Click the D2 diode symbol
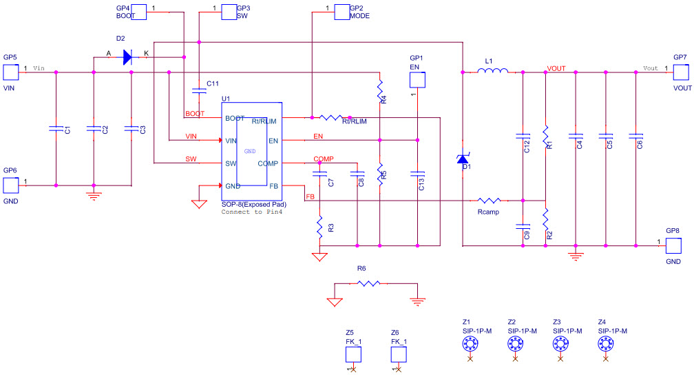click(127, 57)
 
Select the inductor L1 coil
click(494, 70)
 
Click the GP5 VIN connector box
click(10, 72)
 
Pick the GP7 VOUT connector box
click(680, 72)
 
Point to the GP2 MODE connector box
click(341, 12)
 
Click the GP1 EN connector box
click(418, 80)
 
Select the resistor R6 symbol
click(369, 283)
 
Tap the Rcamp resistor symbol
click(489, 201)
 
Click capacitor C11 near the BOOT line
click(199, 90)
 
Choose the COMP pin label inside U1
click(267, 163)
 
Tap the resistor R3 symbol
click(319, 227)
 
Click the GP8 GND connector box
click(673, 245)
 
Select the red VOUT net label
click(556, 68)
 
